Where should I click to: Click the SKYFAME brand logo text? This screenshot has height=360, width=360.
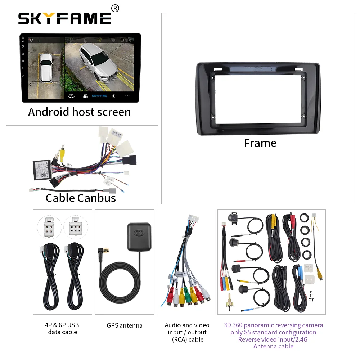[65, 18]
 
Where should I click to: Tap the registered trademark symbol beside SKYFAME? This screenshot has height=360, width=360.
[115, 8]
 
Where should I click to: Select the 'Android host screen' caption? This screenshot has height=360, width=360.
[80, 112]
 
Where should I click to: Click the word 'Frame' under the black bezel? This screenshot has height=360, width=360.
[260, 143]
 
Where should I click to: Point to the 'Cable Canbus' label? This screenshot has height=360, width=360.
[81, 198]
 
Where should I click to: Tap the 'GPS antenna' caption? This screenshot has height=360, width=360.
[125, 325]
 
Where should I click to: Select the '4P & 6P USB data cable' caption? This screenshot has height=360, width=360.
[63, 328]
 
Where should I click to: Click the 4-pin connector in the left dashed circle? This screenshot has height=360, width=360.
[50, 228]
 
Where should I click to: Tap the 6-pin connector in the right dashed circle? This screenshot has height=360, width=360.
[76, 228]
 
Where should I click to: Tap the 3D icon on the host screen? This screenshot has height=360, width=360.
[71, 96]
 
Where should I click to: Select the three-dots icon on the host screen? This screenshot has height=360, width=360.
[127, 96]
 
